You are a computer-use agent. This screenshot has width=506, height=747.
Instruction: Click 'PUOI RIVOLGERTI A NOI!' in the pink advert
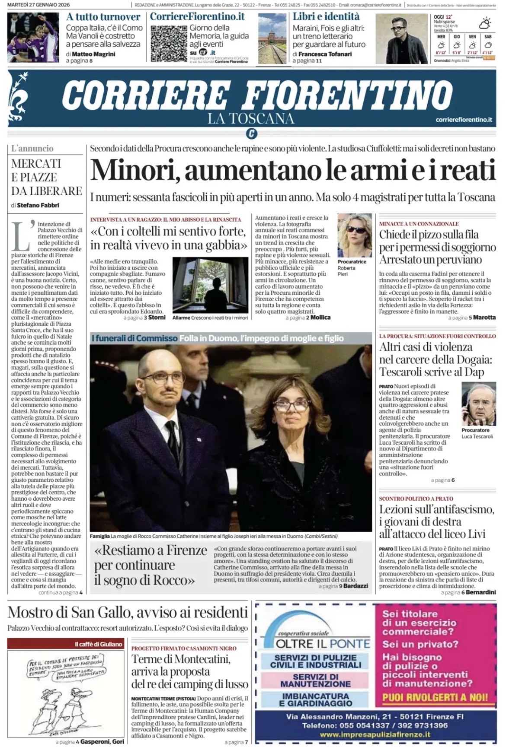435,697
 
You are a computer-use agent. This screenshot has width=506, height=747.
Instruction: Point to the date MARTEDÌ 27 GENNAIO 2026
39,5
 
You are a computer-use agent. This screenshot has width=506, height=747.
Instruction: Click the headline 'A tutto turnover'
103,17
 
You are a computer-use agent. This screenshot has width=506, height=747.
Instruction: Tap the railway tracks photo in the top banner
272,38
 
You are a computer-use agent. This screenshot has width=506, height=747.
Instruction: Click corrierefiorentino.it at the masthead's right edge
464,119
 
